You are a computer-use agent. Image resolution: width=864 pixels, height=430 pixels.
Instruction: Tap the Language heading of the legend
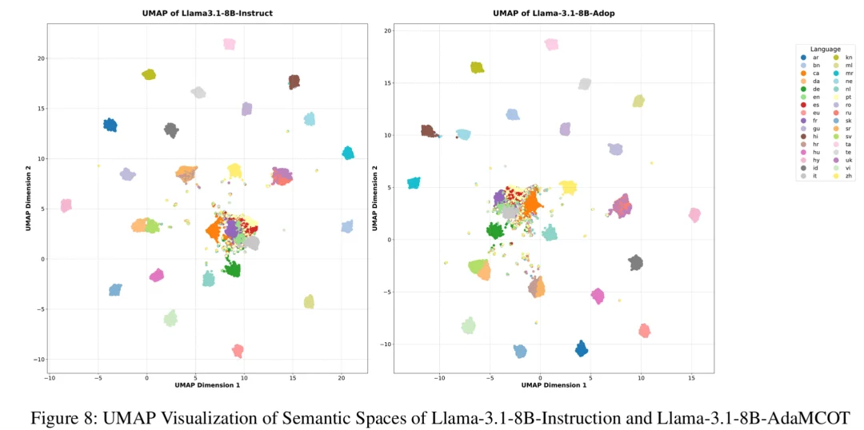(825, 49)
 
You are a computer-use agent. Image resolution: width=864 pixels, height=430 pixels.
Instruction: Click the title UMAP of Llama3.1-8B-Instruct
(207, 14)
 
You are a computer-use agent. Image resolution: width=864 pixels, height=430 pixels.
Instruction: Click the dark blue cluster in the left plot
(110, 125)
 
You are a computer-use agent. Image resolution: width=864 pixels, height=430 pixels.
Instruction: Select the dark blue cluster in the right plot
(582, 348)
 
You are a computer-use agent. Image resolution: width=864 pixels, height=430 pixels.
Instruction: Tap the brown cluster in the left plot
(294, 82)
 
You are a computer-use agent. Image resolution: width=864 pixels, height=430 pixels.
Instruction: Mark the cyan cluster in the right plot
(414, 183)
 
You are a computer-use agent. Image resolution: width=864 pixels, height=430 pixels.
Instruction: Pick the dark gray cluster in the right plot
(636, 262)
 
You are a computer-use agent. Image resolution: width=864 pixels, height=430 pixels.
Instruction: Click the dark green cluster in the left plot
(233, 269)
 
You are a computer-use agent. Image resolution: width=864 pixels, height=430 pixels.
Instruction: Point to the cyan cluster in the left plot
(348, 153)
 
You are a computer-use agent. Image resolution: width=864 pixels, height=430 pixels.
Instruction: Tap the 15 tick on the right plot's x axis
(691, 378)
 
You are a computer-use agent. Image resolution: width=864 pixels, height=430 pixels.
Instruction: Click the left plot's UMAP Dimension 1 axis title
(207, 386)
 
